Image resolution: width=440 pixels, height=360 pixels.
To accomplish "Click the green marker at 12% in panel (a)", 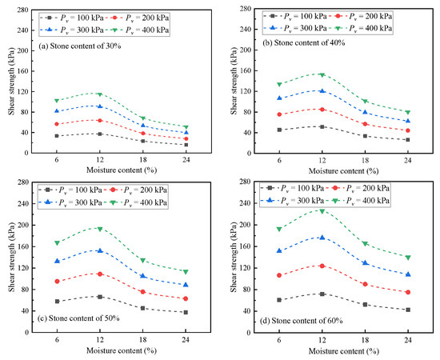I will (99, 94).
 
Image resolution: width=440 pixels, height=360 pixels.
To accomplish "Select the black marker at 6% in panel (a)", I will (56, 136).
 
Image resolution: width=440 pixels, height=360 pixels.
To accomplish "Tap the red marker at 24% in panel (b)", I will (406, 130).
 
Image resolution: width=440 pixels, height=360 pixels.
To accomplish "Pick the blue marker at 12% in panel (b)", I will (320, 90).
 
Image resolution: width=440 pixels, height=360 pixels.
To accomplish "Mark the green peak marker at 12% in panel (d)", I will (320, 210).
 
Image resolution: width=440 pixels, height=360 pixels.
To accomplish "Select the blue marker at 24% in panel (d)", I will (406, 274).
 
